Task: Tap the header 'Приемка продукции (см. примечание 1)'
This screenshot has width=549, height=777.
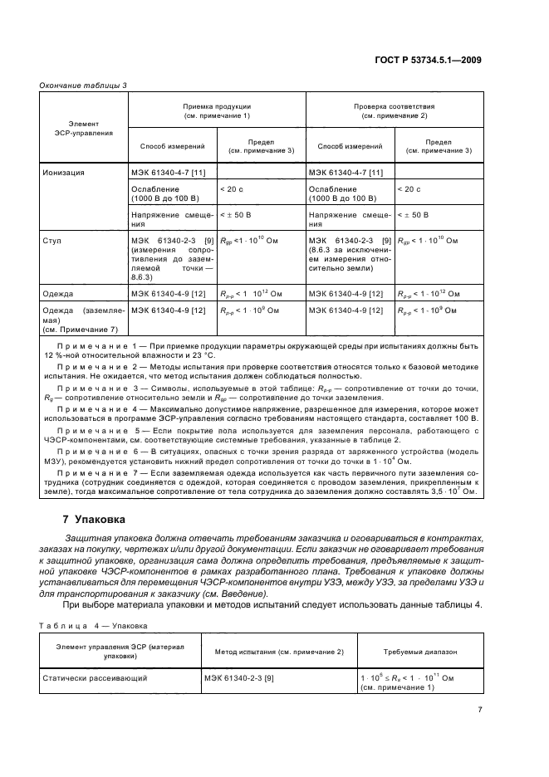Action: (217, 111)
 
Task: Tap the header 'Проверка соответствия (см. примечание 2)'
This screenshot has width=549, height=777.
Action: (393, 111)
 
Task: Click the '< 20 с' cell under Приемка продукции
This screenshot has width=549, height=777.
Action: (233, 189)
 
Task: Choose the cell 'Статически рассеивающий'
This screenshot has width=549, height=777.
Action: (95, 678)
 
